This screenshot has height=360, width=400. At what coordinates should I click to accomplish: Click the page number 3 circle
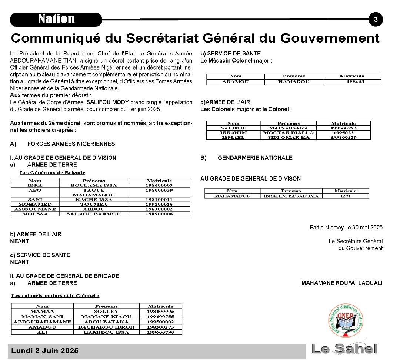(376, 20)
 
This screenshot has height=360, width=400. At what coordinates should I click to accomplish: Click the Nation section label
(56, 19)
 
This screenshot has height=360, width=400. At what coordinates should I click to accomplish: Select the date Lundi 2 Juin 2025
(45, 351)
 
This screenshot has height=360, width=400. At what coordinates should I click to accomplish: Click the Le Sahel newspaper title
(344, 349)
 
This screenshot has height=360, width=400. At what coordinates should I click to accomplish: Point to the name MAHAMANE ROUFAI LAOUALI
(342, 283)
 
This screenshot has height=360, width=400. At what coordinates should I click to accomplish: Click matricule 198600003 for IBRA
(159, 185)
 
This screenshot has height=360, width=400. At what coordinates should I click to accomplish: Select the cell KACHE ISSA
(94, 199)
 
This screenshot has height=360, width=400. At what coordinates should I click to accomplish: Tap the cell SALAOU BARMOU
(94, 214)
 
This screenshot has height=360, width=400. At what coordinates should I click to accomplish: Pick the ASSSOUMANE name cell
(35, 209)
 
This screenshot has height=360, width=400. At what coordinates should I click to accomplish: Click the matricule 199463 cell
(351, 81)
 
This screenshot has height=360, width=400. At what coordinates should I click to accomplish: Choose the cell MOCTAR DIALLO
(288, 132)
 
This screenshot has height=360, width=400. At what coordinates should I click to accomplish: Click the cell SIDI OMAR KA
(288, 137)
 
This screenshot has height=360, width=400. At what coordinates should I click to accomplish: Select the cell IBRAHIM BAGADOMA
(291, 196)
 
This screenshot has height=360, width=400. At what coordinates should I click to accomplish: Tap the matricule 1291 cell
(345, 196)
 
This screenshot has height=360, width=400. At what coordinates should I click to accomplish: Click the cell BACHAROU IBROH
(106, 327)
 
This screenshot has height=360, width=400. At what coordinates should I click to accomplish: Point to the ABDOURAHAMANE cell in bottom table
(42, 322)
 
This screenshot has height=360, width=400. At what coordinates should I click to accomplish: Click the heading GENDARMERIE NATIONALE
(255, 158)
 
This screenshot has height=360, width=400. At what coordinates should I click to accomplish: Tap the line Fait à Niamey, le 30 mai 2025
(346, 227)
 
